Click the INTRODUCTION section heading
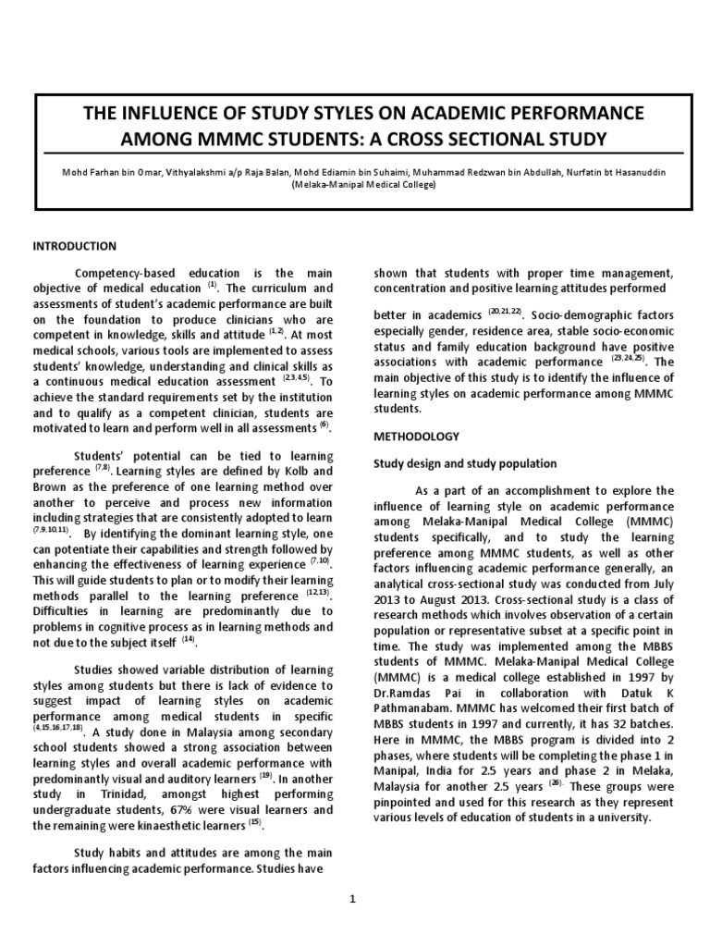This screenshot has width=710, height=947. coord(75,246)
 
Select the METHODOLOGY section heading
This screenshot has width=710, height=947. coord(416,436)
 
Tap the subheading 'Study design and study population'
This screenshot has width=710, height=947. coord(464,463)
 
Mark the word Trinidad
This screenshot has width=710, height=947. coord(120,795)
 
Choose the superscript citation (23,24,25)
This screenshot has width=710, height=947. coord(630,359)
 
